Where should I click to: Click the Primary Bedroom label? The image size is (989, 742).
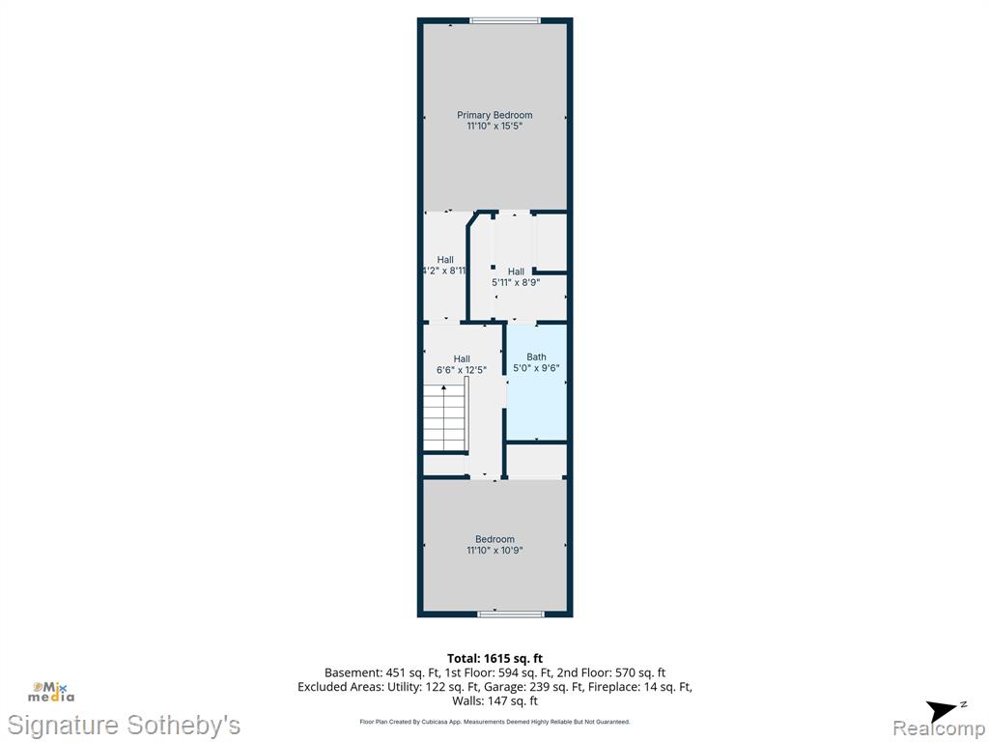494,115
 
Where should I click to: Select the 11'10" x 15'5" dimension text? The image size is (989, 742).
494,127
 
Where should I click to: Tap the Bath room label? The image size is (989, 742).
536,357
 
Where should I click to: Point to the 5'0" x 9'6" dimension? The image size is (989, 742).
536,368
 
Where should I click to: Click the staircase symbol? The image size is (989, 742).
444,417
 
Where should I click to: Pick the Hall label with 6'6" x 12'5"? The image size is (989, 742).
462,359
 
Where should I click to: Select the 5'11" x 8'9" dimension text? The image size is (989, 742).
516,283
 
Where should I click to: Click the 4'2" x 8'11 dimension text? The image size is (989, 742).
444,271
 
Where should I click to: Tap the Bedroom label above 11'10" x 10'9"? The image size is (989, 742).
494,539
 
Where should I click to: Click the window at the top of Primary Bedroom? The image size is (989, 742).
505,21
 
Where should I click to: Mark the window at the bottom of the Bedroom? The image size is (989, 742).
511,614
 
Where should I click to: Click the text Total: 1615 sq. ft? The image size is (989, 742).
494,659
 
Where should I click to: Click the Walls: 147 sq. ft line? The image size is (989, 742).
494,701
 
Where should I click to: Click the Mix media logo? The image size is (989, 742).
51,692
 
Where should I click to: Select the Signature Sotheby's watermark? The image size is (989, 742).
124,726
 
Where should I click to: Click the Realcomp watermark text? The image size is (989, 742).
939,728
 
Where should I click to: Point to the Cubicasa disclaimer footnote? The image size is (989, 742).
494,722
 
